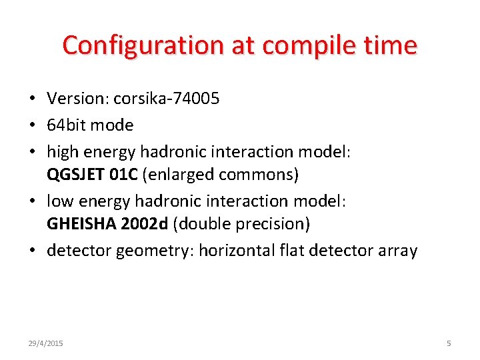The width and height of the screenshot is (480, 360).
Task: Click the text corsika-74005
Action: click(166, 99)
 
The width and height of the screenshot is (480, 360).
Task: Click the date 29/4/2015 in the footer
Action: click(45, 343)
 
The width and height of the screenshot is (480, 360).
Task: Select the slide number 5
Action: click(449, 343)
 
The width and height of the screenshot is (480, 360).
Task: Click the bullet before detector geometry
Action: click(32, 251)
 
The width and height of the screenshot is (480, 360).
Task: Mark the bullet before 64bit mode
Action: click(32, 125)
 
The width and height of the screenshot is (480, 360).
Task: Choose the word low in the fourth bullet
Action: click(58, 200)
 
